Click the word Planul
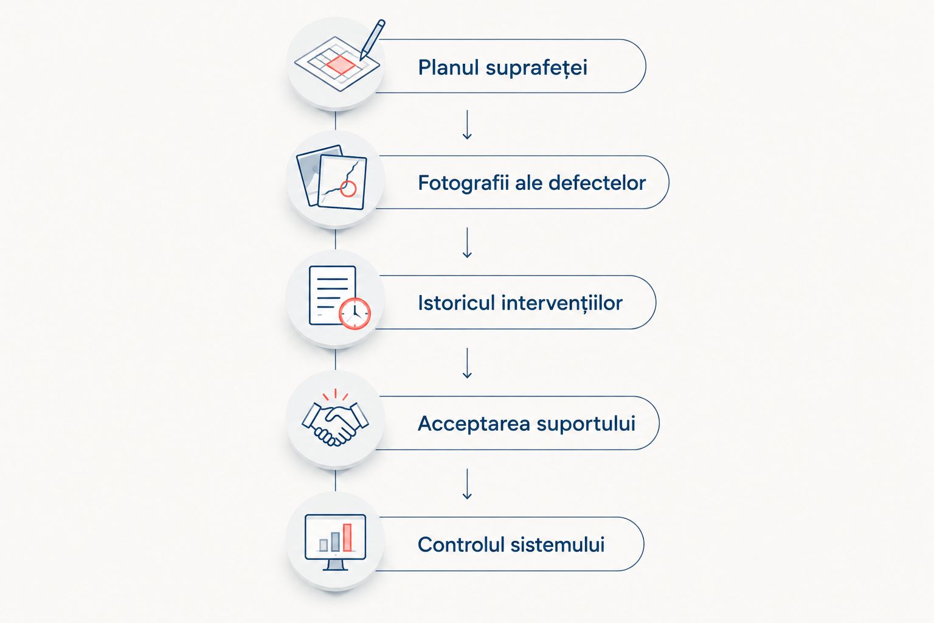448,67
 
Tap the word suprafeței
537,68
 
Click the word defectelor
597,183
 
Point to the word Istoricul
456,302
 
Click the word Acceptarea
474,424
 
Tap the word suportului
586,424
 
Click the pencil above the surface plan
372,39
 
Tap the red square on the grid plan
341,64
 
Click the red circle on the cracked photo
348,189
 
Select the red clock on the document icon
355,313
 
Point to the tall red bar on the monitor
347,537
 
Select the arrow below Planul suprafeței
467,124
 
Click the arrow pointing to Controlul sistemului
467,484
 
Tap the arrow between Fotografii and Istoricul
467,242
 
